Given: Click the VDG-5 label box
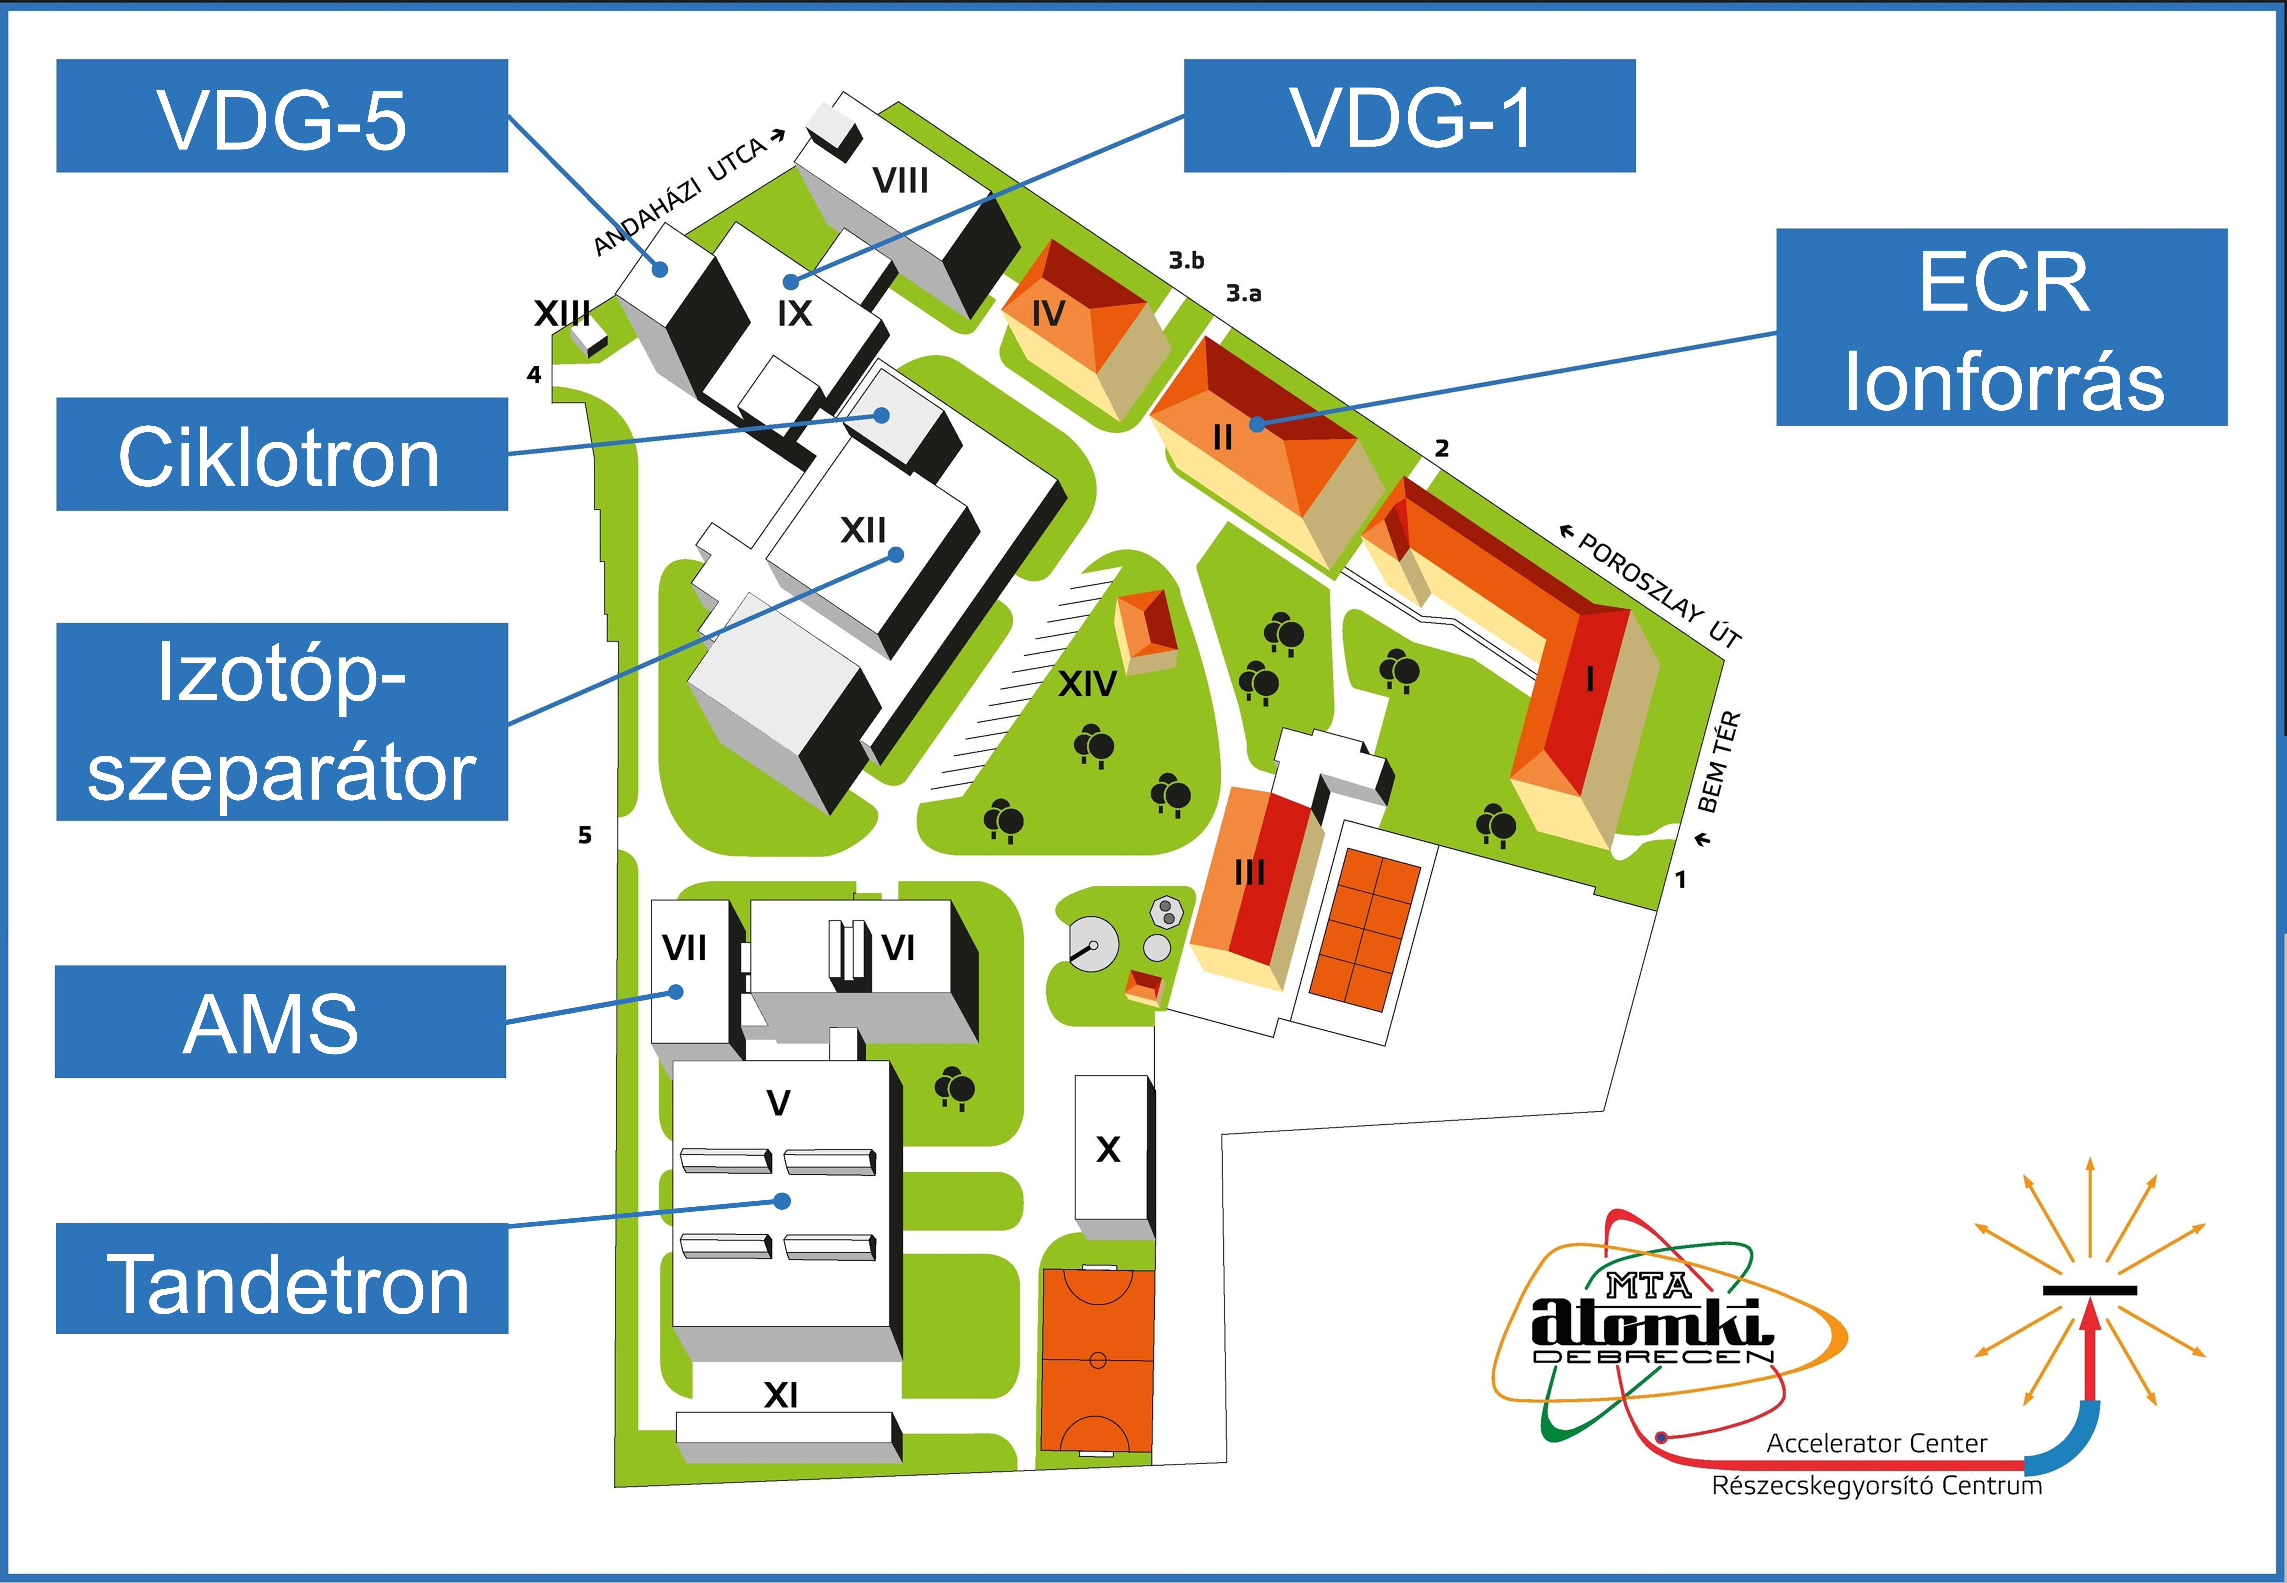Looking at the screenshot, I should [282, 116].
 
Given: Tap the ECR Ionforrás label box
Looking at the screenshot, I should [2001, 327].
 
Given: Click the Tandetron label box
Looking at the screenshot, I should [282, 1279].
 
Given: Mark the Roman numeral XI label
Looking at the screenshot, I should [781, 1396].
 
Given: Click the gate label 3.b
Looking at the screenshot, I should [1186, 260].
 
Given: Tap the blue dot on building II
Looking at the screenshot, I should [1257, 424].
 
